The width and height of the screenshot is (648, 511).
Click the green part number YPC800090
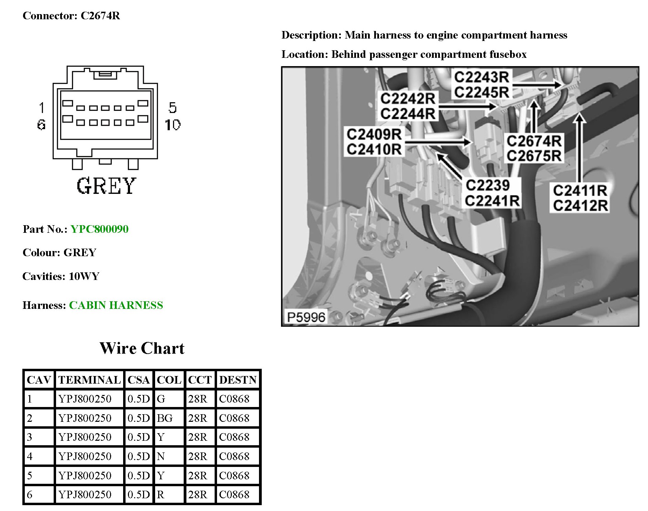99,229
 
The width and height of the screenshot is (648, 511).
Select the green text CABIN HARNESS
116,305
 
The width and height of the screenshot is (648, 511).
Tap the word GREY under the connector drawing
106,186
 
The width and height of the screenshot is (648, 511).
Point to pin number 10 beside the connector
172,125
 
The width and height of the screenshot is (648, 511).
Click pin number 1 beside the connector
42,108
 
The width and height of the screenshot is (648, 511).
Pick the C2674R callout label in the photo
534,141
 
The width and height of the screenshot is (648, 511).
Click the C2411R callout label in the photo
580,190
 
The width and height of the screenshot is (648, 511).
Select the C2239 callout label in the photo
488,185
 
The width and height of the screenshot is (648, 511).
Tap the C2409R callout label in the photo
374,134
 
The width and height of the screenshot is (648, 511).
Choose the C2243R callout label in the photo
482,77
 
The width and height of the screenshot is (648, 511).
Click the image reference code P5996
306,317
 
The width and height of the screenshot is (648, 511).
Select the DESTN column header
238,380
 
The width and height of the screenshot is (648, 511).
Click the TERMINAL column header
89,380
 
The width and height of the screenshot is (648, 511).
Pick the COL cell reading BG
165,418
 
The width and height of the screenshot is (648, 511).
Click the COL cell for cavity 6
161,494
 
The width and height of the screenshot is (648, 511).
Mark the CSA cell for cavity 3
139,437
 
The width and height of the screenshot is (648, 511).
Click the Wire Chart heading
142,348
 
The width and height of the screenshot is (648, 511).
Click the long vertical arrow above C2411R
580,148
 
